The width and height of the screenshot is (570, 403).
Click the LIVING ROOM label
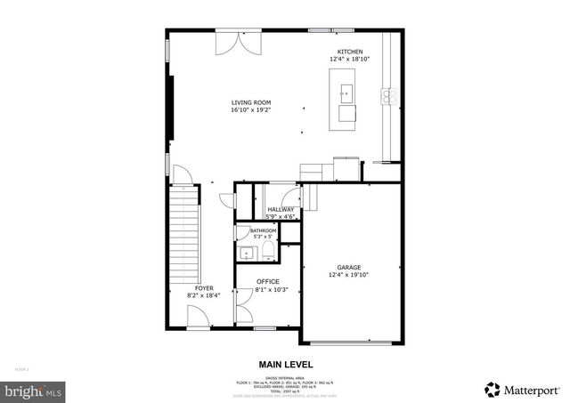click(x=250, y=102)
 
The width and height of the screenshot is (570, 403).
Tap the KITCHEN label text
click(x=349, y=52)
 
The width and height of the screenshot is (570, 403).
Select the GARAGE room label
click(x=349, y=267)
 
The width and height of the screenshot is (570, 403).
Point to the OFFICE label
click(x=268, y=281)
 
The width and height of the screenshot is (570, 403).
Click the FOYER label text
click(x=204, y=288)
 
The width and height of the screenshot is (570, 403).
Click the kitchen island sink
click(x=345, y=91)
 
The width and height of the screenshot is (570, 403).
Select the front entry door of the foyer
click(x=199, y=318)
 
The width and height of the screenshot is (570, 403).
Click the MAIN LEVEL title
click(x=285, y=364)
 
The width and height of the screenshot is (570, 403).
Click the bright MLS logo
click(x=34, y=390)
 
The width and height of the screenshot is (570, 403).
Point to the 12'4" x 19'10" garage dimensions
click(x=349, y=274)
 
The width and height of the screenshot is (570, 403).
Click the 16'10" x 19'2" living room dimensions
click(x=250, y=110)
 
